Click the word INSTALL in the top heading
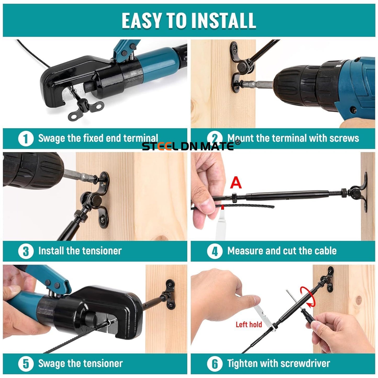(x=223, y=20)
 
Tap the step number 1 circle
(x=26, y=139)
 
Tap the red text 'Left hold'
(x=249, y=324)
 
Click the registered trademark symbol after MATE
(x=238, y=142)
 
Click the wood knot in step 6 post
(x=358, y=300)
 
